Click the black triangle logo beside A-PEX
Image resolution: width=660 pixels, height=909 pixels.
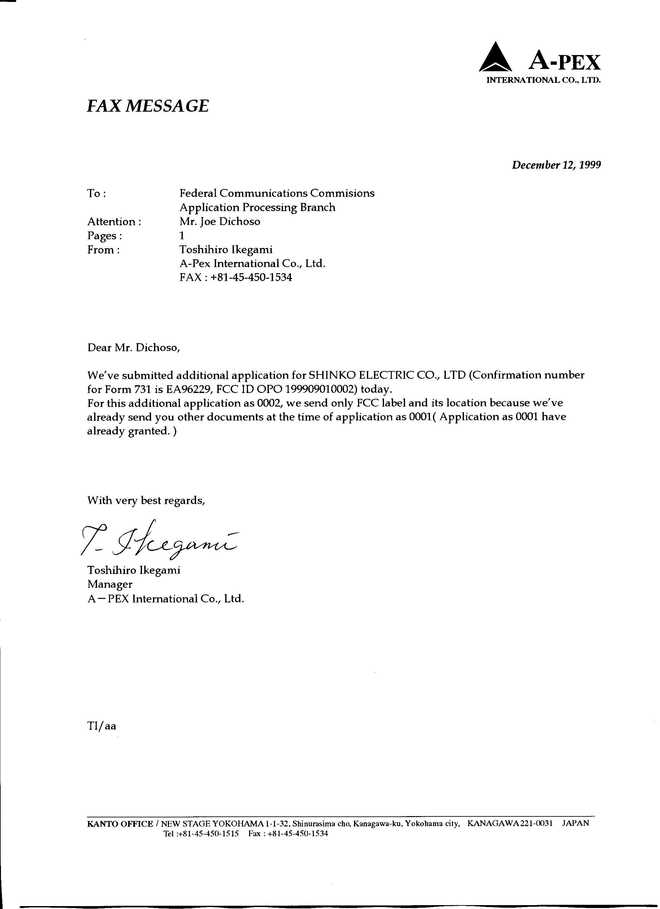point(495,58)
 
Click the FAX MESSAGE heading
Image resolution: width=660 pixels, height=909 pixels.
point(148,106)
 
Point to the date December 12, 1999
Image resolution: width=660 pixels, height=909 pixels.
point(556,165)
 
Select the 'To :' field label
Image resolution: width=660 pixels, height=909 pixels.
point(96,194)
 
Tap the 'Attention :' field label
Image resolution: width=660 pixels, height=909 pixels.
point(114,222)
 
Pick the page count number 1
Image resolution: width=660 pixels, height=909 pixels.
point(182,236)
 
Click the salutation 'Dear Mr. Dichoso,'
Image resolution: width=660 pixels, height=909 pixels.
point(134,347)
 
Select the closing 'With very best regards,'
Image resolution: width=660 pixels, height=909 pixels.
point(146,500)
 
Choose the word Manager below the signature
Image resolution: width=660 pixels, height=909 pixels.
point(110,584)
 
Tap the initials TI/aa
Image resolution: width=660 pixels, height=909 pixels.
point(102,726)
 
